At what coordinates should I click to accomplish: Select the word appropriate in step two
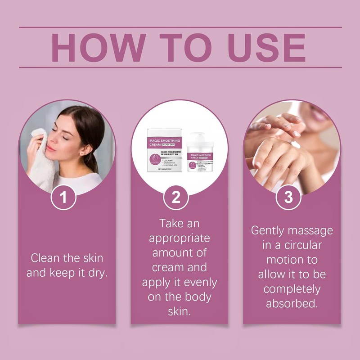[x=180, y=238]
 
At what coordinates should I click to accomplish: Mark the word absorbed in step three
[x=292, y=303]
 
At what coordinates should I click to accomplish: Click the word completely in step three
[x=292, y=288]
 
